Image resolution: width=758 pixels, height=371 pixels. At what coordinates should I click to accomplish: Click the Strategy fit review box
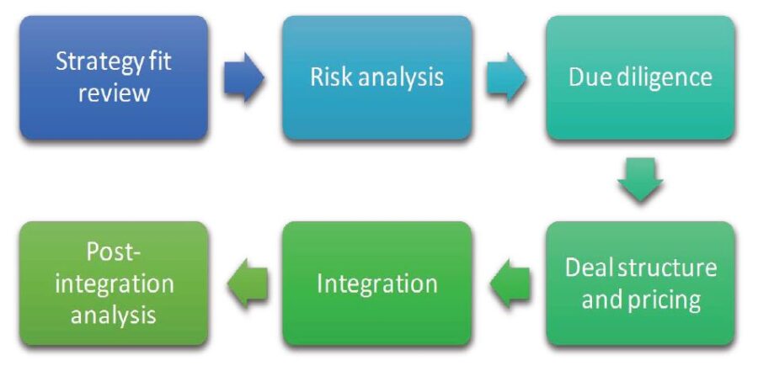point(114,77)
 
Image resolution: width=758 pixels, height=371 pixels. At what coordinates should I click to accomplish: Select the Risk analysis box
point(376,77)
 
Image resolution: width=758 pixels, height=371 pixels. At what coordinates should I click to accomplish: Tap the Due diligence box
point(640,77)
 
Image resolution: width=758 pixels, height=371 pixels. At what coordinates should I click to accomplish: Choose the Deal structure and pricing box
point(640,283)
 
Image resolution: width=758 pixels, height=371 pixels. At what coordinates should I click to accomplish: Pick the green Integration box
point(376,283)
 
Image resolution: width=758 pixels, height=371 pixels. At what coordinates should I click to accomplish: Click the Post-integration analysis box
point(114,283)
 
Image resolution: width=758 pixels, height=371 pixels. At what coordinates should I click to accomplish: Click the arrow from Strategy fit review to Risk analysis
point(244,78)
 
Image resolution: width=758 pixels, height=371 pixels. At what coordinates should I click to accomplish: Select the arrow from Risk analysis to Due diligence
point(508,78)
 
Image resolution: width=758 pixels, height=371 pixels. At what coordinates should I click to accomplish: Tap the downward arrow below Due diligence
point(640,179)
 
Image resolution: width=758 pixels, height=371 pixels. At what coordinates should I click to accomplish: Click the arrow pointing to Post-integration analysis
point(246,284)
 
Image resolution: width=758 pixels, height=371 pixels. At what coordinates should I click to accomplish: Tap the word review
point(114,92)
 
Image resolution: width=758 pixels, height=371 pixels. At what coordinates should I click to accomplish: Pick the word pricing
point(665,299)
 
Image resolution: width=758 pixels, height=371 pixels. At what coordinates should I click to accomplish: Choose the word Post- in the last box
point(114,252)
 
